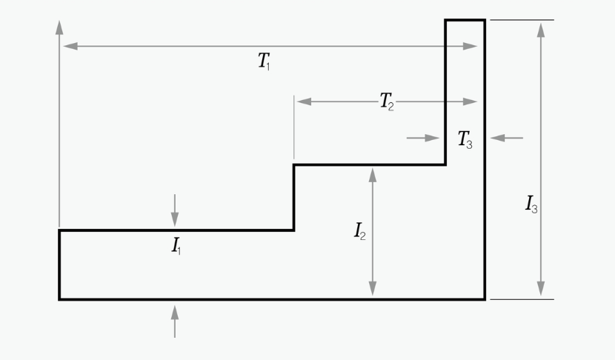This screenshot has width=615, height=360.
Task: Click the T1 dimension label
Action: point(265,62)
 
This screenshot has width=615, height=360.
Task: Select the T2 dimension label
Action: point(387,101)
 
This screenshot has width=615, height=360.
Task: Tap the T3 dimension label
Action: point(465,139)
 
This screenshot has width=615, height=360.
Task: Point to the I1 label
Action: point(176,246)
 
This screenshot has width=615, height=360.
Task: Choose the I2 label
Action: point(359,232)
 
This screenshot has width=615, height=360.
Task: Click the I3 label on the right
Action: point(531,204)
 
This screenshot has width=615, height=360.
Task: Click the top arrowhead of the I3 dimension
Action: point(541,30)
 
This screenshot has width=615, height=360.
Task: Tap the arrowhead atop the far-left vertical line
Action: point(59,27)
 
